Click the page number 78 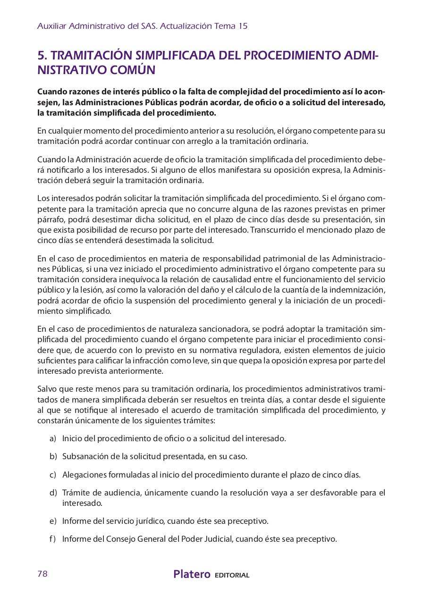pyautogui.click(x=42, y=574)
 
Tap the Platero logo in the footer pyautogui.click(x=192, y=574)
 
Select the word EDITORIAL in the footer pyautogui.click(x=232, y=575)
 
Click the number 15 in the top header pyautogui.click(x=243, y=26)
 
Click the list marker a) pyautogui.click(x=53, y=438)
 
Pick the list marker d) pyautogui.click(x=53, y=493)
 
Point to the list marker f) pyautogui.click(x=52, y=539)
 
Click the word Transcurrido pyautogui.click(x=272, y=230)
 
